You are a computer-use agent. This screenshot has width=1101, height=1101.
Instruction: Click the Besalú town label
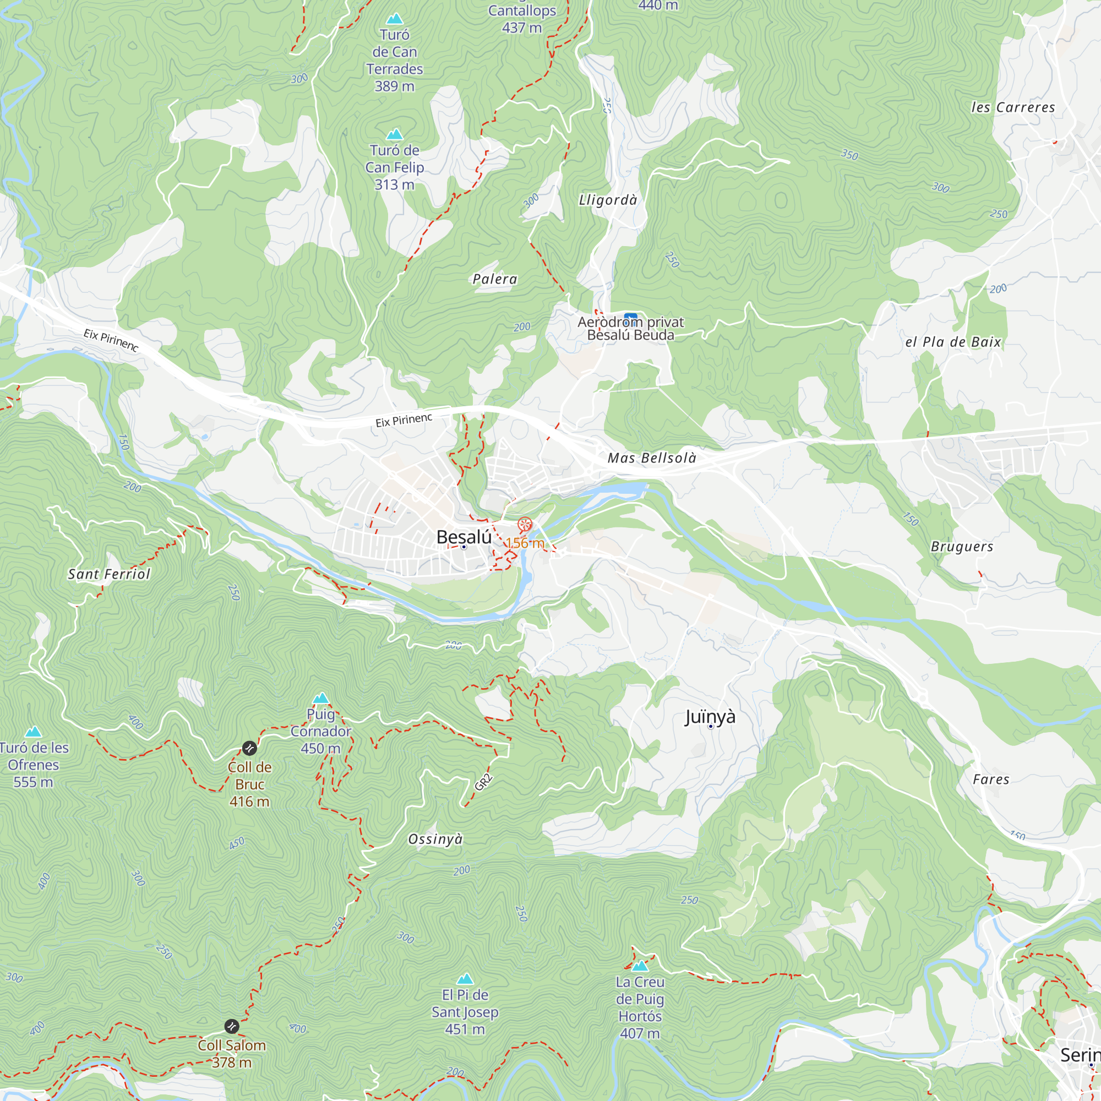click(x=464, y=537)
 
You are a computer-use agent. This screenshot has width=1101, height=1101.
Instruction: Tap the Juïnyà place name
click(x=710, y=716)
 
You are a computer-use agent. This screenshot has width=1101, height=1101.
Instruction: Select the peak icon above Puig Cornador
click(x=321, y=699)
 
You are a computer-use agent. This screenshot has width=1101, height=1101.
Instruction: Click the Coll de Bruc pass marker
click(x=249, y=748)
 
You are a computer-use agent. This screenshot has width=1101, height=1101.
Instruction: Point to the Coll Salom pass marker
click(x=231, y=1026)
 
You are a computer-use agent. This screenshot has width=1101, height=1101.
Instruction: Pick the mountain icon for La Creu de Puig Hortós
click(x=640, y=966)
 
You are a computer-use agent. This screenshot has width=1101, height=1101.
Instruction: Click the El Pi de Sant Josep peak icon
click(x=465, y=979)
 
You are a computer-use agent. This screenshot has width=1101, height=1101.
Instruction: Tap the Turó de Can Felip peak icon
click(x=394, y=134)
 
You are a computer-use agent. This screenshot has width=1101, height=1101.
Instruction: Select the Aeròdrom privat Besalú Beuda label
click(x=630, y=329)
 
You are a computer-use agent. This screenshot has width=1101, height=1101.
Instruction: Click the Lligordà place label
click(x=608, y=200)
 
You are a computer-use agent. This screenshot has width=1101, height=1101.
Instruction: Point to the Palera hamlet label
click(x=495, y=279)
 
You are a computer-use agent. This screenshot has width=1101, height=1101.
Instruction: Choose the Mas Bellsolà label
click(x=652, y=458)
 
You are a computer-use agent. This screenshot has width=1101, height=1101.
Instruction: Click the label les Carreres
click(x=1013, y=107)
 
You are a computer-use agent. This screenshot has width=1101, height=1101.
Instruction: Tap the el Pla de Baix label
click(x=953, y=342)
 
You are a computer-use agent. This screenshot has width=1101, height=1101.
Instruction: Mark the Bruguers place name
click(x=962, y=547)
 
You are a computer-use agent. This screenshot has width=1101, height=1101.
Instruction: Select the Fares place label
click(x=991, y=779)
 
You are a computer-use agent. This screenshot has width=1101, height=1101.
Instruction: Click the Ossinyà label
click(x=435, y=839)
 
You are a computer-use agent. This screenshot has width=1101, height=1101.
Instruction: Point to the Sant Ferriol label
click(x=109, y=574)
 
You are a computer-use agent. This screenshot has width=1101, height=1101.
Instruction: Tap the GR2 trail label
click(x=483, y=782)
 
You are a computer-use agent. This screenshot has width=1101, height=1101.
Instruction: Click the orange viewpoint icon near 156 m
click(x=524, y=524)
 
